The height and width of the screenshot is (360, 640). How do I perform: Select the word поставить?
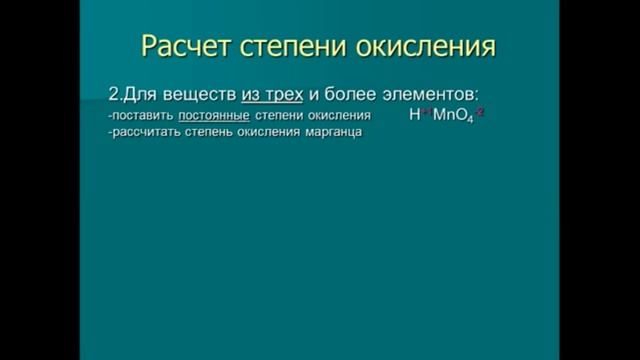tap(143, 116)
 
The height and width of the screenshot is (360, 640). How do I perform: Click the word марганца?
tap(330, 134)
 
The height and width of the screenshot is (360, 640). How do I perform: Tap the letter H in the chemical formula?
tap(415, 116)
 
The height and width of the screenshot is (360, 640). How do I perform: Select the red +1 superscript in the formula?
tap(426, 112)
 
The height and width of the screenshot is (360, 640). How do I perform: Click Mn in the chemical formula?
tap(443, 116)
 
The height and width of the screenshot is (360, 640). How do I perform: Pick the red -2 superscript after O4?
tap(480, 112)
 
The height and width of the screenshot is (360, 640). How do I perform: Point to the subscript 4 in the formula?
tap(471, 120)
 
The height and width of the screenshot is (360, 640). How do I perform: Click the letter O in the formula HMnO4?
tap(461, 116)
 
